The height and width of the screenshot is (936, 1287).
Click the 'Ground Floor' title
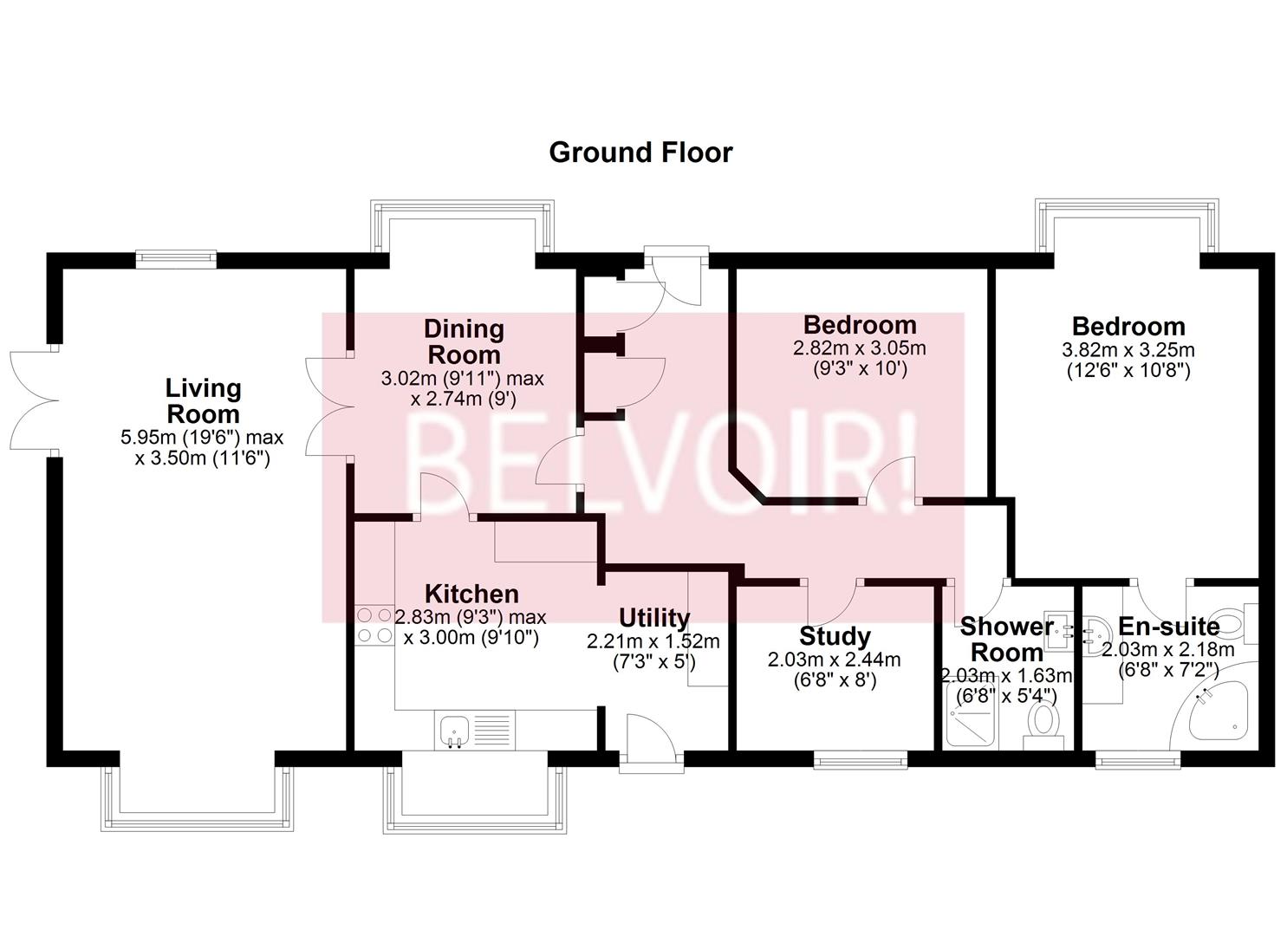click(640, 153)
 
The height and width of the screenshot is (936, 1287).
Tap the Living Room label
click(203, 400)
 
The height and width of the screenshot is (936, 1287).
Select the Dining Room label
click(464, 341)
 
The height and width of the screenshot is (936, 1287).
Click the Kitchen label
click(471, 594)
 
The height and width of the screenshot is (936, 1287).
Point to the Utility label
click(653, 618)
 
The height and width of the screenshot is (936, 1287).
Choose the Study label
click(834, 636)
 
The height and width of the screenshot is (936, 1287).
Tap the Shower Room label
click(1006, 639)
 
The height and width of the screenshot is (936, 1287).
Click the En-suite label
click(1168, 626)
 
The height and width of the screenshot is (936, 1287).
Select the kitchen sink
click(453, 730)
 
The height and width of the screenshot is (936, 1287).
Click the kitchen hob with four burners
click(374, 625)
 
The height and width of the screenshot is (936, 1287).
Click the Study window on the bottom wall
click(860, 759)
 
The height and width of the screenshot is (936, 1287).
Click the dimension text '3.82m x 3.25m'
click(1128, 350)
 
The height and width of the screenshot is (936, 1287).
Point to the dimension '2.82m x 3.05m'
click(859, 348)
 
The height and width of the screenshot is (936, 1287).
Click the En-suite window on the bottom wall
click(1137, 759)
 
